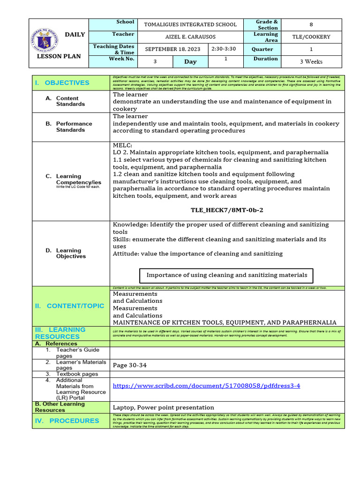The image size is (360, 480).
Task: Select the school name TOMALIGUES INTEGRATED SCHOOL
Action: pyautogui.click(x=190, y=24)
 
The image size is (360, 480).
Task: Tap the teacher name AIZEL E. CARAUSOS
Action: pyautogui.click(x=190, y=37)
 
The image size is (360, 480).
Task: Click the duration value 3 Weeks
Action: pyautogui.click(x=311, y=61)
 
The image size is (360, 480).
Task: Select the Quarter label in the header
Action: pyautogui.click(x=262, y=49)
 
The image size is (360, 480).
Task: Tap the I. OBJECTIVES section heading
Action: pyautogui.click(x=62, y=82)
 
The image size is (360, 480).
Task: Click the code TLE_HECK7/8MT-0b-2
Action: pyautogui.click(x=226, y=210)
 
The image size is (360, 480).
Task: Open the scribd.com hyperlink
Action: pyautogui.click(x=206, y=386)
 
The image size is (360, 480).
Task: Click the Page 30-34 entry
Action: pyautogui.click(x=130, y=365)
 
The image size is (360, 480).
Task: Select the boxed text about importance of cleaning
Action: pyautogui.click(x=227, y=275)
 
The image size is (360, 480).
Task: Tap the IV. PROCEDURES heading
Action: pyautogui.click(x=67, y=420)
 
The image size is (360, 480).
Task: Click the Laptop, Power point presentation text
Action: pyautogui.click(x=163, y=407)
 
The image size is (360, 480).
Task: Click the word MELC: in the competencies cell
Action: pyautogui.click(x=122, y=145)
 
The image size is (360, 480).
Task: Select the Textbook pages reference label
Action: pyautogui.click(x=77, y=374)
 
